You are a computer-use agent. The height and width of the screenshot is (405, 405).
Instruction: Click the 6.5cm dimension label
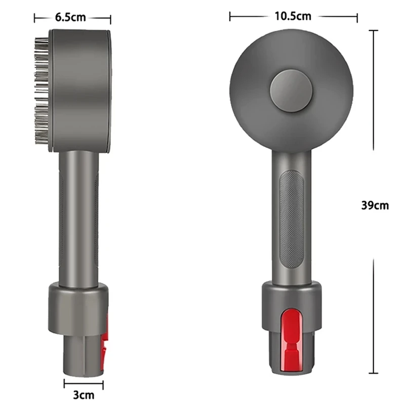pos(70,18)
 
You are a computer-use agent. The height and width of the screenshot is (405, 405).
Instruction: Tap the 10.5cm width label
pos(293,16)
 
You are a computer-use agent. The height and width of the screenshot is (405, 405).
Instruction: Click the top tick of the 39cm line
pos(375,31)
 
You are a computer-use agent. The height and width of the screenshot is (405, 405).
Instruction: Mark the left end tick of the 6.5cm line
pos(34,18)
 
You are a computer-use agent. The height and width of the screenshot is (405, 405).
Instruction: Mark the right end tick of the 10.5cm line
pos(357,17)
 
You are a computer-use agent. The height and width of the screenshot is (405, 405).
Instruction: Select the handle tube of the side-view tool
pos(78,218)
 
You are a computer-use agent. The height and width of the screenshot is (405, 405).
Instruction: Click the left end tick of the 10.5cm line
pos(230,17)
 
